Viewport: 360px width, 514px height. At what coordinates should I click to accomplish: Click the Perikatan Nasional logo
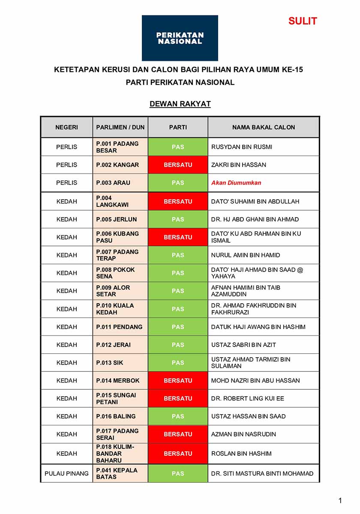180,38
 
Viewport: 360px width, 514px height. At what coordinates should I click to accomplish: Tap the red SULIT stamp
303,21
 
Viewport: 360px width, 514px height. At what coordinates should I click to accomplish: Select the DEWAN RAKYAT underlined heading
180,104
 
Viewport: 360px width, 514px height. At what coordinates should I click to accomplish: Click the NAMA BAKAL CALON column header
264,127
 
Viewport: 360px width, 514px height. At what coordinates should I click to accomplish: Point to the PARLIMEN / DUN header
120,127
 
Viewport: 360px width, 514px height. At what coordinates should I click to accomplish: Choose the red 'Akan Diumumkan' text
236,182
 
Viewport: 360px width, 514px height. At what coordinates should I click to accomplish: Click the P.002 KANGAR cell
118,164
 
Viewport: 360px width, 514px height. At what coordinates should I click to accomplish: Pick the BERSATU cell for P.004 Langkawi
178,201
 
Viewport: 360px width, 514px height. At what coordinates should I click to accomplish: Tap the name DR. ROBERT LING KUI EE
248,398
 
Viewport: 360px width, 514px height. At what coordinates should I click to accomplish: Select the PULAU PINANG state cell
66,473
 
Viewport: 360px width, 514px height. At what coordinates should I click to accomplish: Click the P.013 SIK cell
110,362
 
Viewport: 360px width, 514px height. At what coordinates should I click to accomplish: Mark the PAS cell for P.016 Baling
178,416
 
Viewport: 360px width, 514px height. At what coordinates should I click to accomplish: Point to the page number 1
340,500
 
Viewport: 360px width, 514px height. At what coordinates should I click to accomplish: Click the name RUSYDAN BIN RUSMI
242,147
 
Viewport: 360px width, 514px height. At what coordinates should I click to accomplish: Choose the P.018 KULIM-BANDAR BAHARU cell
116,454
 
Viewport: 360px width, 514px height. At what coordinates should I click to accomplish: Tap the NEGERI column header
66,127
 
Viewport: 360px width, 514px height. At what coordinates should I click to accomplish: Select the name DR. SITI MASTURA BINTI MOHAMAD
262,473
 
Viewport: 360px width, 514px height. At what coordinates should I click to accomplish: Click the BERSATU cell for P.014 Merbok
178,380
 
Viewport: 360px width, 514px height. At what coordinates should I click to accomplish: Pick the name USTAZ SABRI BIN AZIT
244,344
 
